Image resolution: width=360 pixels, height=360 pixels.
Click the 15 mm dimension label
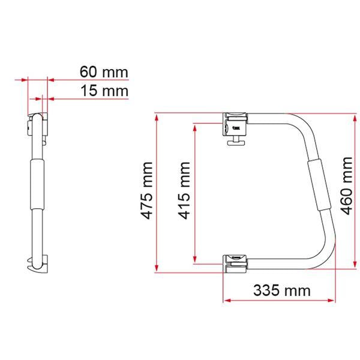(x=104, y=92)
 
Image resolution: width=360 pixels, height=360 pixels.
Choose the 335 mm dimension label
(x=281, y=291)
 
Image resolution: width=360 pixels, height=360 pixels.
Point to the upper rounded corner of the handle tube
(x=305, y=123)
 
